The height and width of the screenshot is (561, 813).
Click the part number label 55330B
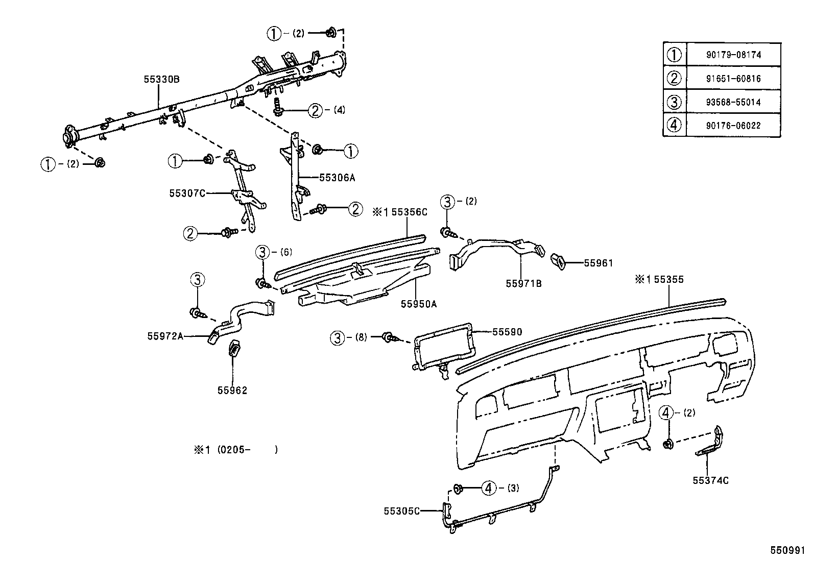[161, 80]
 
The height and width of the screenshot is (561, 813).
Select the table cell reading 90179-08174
[733, 55]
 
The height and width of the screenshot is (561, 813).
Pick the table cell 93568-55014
[733, 102]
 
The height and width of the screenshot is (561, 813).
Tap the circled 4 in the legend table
[675, 125]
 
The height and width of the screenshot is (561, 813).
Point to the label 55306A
[337, 178]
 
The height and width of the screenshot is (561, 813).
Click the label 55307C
[187, 193]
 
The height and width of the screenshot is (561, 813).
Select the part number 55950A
[418, 304]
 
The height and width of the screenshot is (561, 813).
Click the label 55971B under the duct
[523, 283]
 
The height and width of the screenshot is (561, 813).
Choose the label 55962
[232, 390]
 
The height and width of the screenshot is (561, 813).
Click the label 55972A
[165, 336]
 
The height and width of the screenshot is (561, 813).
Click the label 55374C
[710, 480]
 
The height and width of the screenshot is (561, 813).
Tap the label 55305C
[401, 511]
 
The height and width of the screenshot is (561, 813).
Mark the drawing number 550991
[787, 551]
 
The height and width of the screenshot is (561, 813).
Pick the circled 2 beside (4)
[316, 110]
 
